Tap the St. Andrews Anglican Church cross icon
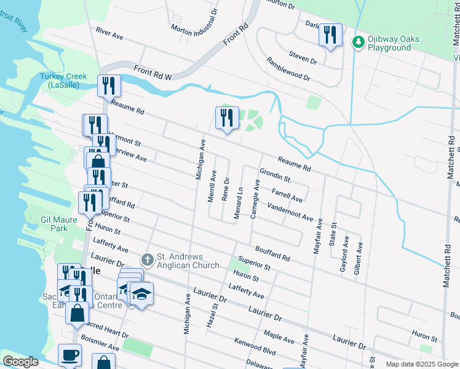click(147, 261)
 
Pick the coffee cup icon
click(69, 355)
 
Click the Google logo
click(20, 362)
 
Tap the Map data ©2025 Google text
click(421, 364)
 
